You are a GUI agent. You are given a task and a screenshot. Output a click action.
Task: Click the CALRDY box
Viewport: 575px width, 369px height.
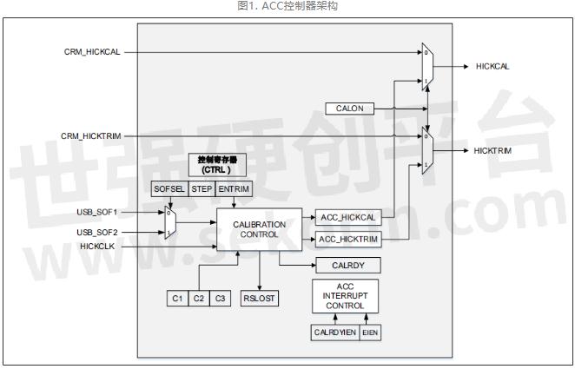(x=342, y=265)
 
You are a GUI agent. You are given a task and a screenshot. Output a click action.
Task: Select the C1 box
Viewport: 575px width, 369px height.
(x=177, y=298)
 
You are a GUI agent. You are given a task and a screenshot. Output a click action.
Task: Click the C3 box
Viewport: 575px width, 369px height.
(x=220, y=298)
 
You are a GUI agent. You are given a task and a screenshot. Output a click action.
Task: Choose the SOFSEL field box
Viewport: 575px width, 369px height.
(x=169, y=188)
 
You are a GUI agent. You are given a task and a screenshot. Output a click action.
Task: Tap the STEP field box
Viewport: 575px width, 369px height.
(x=202, y=188)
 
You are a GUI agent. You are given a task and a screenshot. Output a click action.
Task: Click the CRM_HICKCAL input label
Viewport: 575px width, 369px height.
(x=91, y=52)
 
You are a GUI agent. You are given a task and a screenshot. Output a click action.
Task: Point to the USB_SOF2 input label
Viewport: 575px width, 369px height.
(x=96, y=233)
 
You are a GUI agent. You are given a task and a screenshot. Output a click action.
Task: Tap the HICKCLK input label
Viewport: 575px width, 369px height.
(x=98, y=247)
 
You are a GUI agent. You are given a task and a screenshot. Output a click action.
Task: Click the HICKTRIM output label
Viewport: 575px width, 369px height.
(x=492, y=150)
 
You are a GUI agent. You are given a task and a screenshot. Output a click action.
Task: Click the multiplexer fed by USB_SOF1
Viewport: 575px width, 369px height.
(x=171, y=222)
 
